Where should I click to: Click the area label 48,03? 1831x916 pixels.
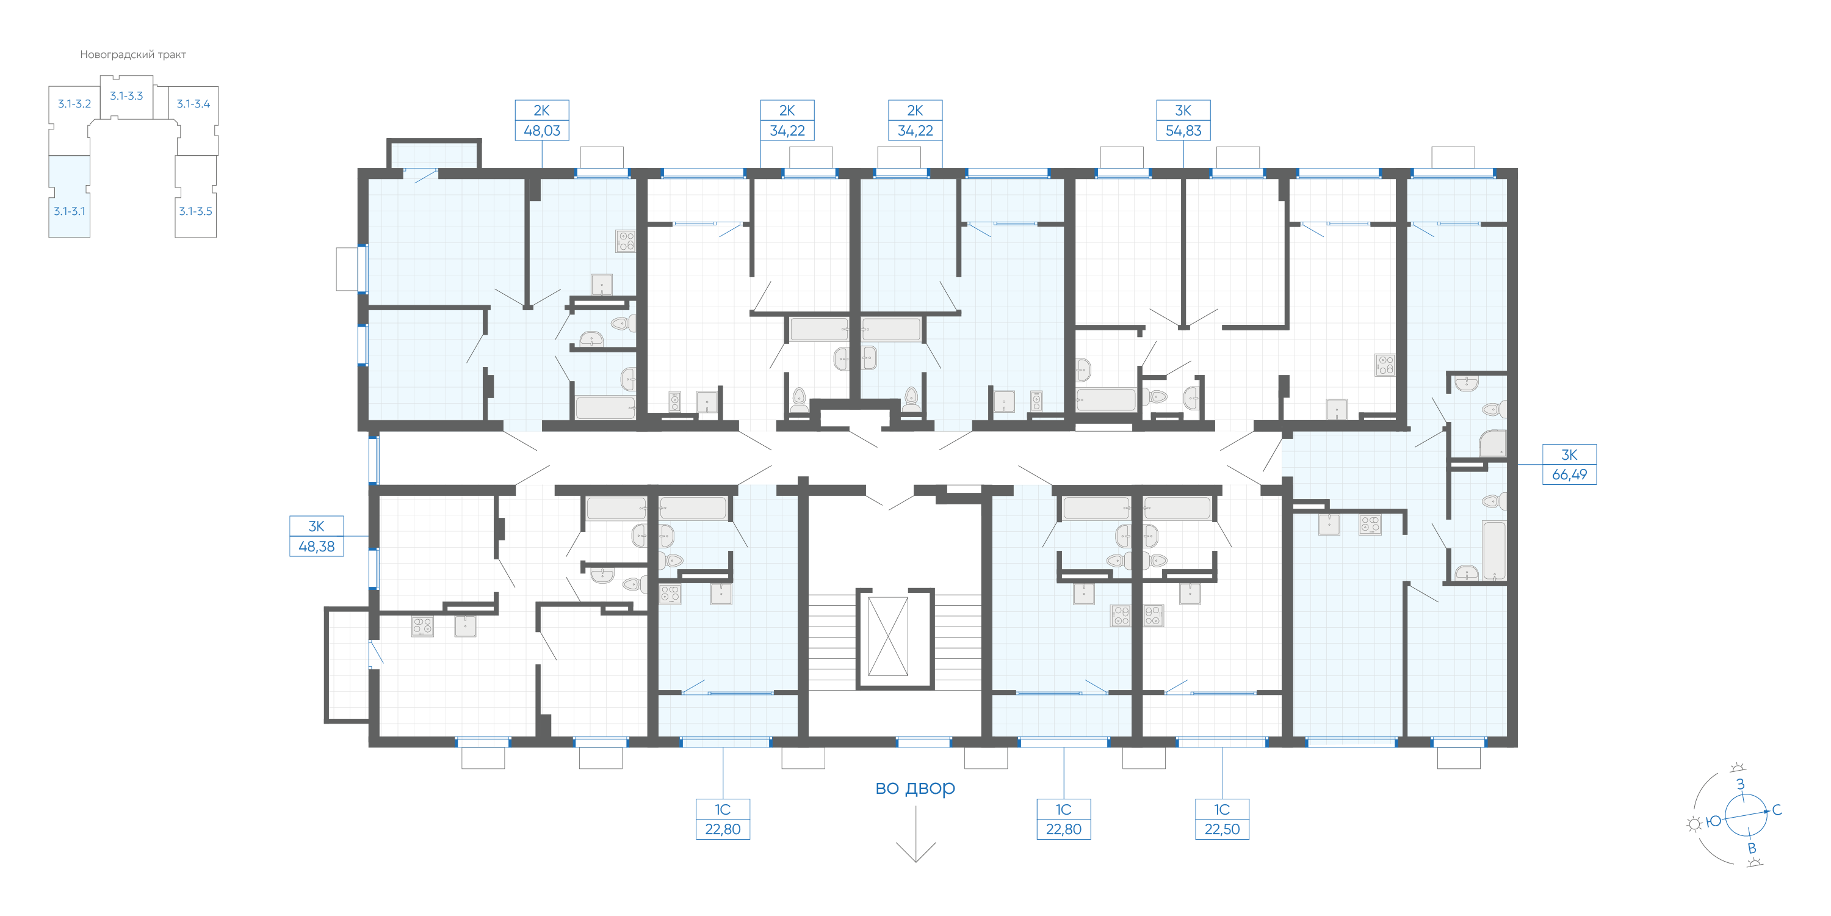[541, 131]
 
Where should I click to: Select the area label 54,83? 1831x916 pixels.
[1183, 131]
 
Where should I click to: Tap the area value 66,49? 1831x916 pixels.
[1569, 474]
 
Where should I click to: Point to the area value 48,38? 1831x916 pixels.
[316, 547]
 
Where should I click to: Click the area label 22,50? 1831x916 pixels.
[1222, 829]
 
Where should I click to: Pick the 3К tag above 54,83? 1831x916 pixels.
[1183, 111]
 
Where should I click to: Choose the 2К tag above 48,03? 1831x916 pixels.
[541, 111]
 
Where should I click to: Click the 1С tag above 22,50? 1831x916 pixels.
[1222, 809]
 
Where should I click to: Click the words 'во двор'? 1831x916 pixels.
[915, 787]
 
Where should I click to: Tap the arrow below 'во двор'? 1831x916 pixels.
[915, 834]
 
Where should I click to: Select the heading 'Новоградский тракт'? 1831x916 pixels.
[133, 55]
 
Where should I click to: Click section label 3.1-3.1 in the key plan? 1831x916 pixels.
[69, 211]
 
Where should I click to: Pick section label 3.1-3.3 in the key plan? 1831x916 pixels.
[126, 96]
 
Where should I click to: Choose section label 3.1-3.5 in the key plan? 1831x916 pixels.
[195, 211]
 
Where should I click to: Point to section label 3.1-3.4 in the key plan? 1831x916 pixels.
[193, 104]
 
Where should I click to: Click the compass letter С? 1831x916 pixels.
[1776, 810]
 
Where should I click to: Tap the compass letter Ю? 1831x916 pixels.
[1714, 821]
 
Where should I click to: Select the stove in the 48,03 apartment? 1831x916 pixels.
[626, 241]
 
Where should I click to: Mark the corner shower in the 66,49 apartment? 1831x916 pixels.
[1493, 443]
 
